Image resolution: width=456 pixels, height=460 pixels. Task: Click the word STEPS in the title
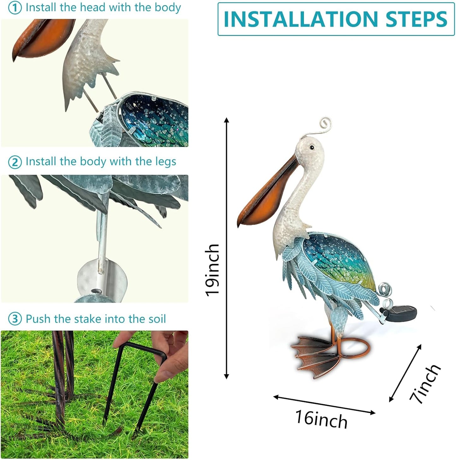(x=416, y=19)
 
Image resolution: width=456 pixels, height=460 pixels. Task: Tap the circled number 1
(x=15, y=8)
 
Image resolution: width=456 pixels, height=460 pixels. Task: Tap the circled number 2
(x=15, y=162)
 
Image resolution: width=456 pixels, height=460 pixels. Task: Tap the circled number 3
(x=15, y=319)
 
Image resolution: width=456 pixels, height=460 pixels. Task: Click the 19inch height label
(x=212, y=270)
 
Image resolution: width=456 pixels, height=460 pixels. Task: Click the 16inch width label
(x=321, y=419)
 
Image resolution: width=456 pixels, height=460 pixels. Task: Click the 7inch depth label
(x=425, y=384)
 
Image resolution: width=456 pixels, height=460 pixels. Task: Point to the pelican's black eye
(x=312, y=147)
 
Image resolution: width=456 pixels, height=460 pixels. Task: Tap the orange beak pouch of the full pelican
(x=268, y=202)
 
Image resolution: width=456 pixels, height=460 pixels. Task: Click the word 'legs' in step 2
(x=165, y=162)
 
